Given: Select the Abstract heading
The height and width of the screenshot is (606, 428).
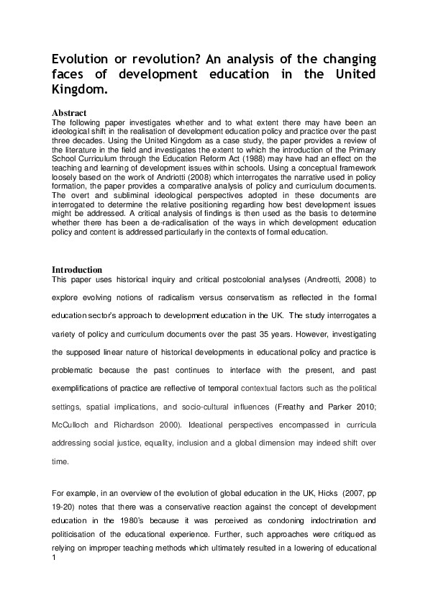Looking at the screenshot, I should [70, 113].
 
